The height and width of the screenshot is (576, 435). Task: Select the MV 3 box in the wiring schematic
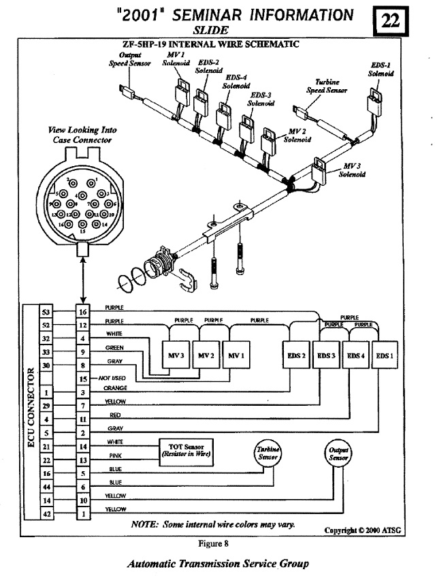174,355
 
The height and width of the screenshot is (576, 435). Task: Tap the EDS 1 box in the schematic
385,355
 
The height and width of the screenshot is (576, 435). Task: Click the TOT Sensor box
185,450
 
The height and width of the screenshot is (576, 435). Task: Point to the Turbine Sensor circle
266,453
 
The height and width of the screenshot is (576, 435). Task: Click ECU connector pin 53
47,312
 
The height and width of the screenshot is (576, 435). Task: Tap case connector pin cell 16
82,312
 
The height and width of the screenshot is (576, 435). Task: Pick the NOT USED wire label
113,378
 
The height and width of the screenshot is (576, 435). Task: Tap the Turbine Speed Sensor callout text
327,86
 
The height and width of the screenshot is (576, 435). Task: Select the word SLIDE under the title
210,31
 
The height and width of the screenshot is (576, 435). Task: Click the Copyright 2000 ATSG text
367,530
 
